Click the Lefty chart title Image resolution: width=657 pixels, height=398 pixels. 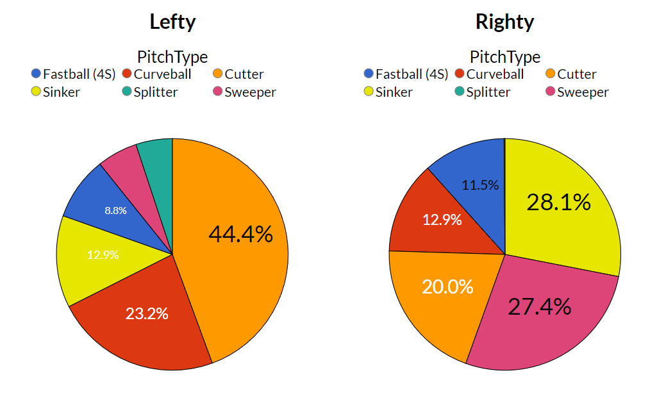pos(172,22)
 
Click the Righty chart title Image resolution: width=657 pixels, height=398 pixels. pos(504,22)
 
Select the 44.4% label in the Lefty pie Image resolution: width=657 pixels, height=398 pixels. pos(240,235)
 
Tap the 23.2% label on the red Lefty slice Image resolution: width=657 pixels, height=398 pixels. pos(147,313)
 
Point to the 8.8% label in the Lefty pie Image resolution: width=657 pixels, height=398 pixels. pos(116,210)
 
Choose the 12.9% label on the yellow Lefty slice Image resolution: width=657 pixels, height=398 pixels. pos(103,254)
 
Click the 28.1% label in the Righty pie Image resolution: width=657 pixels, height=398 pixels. pos(558,203)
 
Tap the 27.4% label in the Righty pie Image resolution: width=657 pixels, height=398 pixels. pos(539,307)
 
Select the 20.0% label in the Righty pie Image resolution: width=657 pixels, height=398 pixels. pos(447,286)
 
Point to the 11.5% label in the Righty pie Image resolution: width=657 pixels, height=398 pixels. pos(480,185)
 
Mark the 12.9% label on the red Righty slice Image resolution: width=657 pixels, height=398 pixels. pos(442,220)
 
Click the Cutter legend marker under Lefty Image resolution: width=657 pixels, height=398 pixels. pos(217,74)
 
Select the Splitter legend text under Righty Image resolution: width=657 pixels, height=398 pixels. pos(488,92)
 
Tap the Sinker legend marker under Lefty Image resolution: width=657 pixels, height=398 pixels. pos(36,92)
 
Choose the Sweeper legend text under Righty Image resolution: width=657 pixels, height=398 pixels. pos(583,92)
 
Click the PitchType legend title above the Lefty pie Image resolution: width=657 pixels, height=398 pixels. pos(172,57)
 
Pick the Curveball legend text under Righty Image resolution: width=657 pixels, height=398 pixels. pos(495,74)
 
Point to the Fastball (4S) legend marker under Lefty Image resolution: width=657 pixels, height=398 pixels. pos(36,74)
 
